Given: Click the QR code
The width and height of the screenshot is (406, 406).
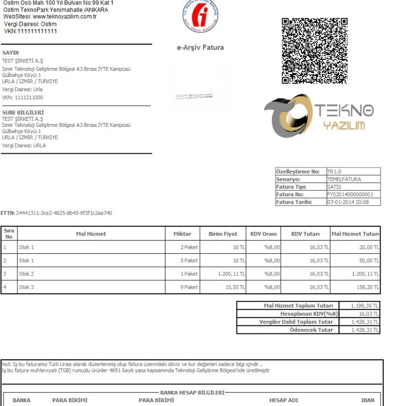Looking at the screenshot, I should coord(315,51).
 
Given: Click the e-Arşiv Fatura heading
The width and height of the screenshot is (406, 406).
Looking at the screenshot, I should coord(200,48).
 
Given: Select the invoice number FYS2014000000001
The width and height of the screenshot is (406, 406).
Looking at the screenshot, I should coord(350,194).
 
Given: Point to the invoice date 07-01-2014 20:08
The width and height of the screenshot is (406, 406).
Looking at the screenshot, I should coord(348,202).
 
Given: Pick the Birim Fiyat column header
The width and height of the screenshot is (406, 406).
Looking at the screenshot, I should coord(223,234).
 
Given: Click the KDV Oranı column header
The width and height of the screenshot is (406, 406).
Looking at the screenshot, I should coord(263,234).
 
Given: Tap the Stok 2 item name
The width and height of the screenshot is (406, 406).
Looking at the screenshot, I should coord(26,274).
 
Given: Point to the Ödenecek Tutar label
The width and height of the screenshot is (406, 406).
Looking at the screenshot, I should coord(311,330).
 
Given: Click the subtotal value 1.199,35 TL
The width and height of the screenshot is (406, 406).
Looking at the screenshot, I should coord(365,306).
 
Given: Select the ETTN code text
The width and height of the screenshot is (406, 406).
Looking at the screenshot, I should coord(64,213).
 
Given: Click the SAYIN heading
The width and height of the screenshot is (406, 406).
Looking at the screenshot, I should coord(10,53).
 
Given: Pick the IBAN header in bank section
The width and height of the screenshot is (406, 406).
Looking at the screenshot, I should coord(367,400).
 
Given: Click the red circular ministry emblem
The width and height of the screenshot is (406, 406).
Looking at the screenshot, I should coord(200,15).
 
